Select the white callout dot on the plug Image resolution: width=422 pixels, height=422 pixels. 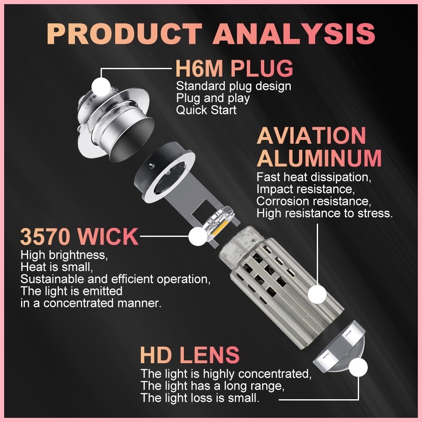[101, 87]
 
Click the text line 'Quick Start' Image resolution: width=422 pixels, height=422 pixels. [206, 110]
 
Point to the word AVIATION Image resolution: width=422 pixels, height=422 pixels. [311, 135]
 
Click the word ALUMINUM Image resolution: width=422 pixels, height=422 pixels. [319, 158]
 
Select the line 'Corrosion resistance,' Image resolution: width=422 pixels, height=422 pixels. [313, 201]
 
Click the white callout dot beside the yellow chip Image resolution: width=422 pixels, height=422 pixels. [198, 236]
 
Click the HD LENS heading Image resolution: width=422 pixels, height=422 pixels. [190, 355]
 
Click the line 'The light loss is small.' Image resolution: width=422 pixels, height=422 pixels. [200, 398]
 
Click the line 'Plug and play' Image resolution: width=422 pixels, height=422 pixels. [213, 98]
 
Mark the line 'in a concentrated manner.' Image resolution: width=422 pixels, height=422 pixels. [90, 303]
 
